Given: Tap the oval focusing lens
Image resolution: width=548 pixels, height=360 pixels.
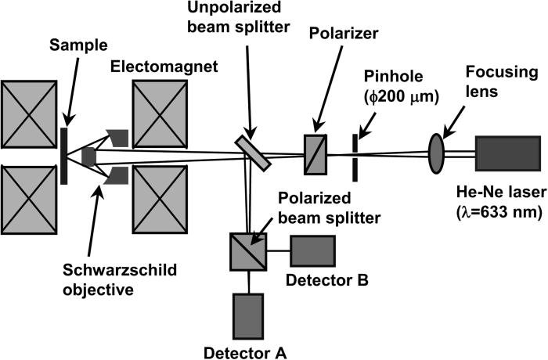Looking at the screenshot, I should [x=436, y=150].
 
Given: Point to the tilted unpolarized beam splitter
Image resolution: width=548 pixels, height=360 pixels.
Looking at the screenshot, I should [x=253, y=151].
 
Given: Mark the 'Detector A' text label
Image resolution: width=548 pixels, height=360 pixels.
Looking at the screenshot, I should [x=245, y=351].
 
